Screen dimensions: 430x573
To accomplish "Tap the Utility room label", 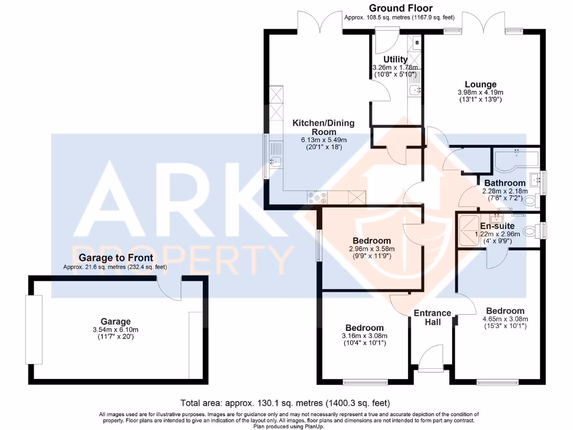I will pos(395,59).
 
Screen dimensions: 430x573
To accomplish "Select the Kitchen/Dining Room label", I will pos(324,127).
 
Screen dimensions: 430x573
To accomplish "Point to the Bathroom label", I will pos(505,183).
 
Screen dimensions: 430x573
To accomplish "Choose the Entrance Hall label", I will pos(433,317).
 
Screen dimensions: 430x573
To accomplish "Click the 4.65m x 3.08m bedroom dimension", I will pos(505,320).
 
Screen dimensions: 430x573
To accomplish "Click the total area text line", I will pos(285,403).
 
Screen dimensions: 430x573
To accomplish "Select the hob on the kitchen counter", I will pos(317,197).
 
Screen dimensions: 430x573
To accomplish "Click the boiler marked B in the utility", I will pos(416,43).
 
